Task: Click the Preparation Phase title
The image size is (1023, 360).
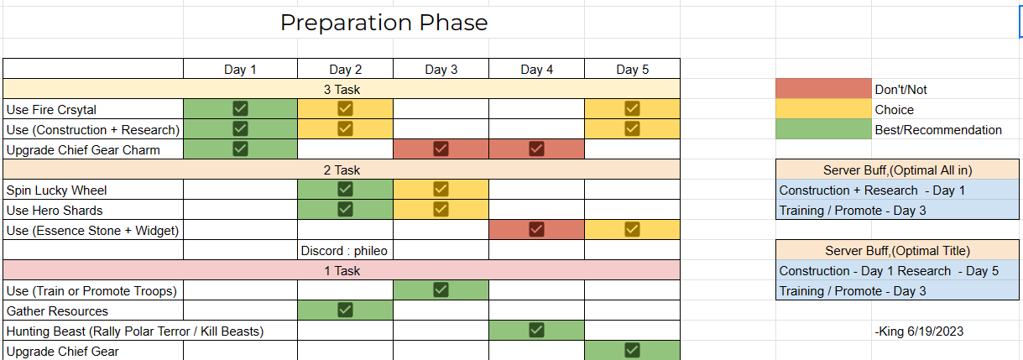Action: pyautogui.click(x=384, y=23)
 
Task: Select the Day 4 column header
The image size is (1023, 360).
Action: pyautogui.click(x=536, y=70)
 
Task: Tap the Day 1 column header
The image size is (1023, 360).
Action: pyautogui.click(x=240, y=70)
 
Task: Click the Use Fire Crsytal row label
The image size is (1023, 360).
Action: pyautogui.click(x=51, y=110)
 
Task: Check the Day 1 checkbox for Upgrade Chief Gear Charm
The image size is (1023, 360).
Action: pyautogui.click(x=240, y=149)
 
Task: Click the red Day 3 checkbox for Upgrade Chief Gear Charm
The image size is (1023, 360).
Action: pyautogui.click(x=441, y=149)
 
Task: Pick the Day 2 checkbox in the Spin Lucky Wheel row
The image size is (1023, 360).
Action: pyautogui.click(x=345, y=189)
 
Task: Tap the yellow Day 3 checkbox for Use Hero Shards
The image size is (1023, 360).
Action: pyautogui.click(x=441, y=209)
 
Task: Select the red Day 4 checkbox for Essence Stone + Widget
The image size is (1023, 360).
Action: pyautogui.click(x=536, y=229)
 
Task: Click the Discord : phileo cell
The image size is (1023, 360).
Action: pyautogui.click(x=344, y=251)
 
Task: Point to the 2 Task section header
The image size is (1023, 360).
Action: pyautogui.click(x=342, y=170)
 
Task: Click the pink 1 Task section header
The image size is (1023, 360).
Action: pyautogui.click(x=342, y=271)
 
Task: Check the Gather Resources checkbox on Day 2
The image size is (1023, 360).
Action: pyautogui.click(x=345, y=310)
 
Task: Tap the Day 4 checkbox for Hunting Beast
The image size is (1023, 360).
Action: pyautogui.click(x=536, y=331)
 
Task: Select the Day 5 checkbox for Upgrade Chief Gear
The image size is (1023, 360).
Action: pyautogui.click(x=632, y=351)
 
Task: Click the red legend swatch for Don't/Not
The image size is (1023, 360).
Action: pyautogui.click(x=823, y=89)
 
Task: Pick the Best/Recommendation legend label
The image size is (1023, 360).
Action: pyautogui.click(x=938, y=130)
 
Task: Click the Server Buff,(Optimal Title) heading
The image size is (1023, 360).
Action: pyautogui.click(x=897, y=251)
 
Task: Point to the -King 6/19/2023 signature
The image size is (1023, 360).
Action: pyautogui.click(x=919, y=331)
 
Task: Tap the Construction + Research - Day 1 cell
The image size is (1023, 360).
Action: pyautogui.click(x=872, y=190)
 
